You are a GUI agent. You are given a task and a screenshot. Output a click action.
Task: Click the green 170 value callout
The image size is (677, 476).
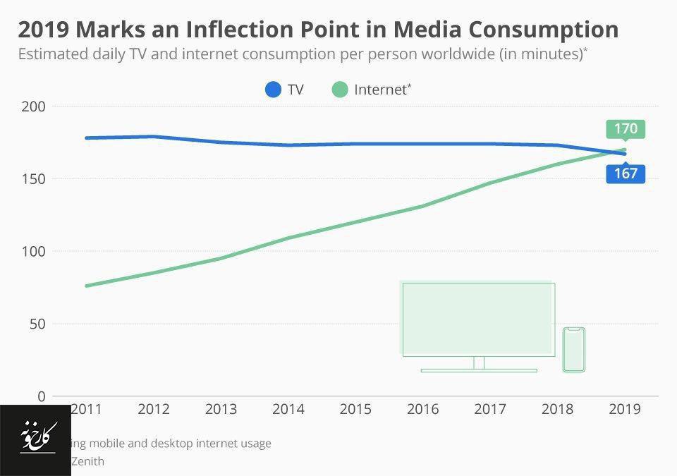[626, 129]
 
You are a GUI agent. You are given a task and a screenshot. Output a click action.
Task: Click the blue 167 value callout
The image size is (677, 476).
[626, 173]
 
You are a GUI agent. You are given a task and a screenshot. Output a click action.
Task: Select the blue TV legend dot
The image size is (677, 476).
[274, 90]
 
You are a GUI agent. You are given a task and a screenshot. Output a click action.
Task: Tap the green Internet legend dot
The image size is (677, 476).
[341, 90]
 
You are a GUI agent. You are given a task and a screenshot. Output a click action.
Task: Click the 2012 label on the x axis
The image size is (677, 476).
[154, 409]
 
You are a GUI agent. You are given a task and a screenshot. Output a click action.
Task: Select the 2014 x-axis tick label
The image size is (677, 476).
[288, 409]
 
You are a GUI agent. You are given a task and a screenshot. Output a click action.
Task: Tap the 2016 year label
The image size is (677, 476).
[422, 409]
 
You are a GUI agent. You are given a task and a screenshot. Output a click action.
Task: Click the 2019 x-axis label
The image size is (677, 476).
[624, 409]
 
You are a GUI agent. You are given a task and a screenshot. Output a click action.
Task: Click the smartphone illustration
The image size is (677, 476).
[574, 349]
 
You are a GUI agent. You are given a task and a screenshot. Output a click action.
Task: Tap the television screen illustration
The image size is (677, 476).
[478, 319]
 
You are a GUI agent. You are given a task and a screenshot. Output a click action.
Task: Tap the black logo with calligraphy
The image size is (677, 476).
[35, 440]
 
